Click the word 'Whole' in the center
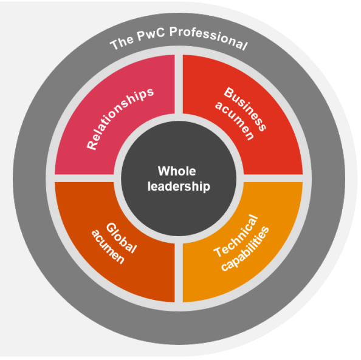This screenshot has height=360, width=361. (177, 171)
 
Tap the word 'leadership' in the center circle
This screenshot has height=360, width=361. (179, 186)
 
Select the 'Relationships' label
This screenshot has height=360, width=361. (120, 119)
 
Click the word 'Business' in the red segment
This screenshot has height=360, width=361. (245, 109)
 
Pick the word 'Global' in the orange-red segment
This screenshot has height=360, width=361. (122, 237)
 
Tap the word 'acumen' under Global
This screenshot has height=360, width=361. (108, 246)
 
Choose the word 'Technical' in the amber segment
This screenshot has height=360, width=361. (236, 236)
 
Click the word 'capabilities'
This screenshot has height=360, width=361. (245, 249)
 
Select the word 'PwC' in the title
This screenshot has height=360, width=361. (151, 34)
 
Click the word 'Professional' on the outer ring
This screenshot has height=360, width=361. (209, 38)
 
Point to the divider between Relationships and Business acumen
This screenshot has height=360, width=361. (179, 84)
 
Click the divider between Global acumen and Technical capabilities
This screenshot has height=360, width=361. (179, 273)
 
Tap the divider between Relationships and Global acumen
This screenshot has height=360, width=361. (84, 178)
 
